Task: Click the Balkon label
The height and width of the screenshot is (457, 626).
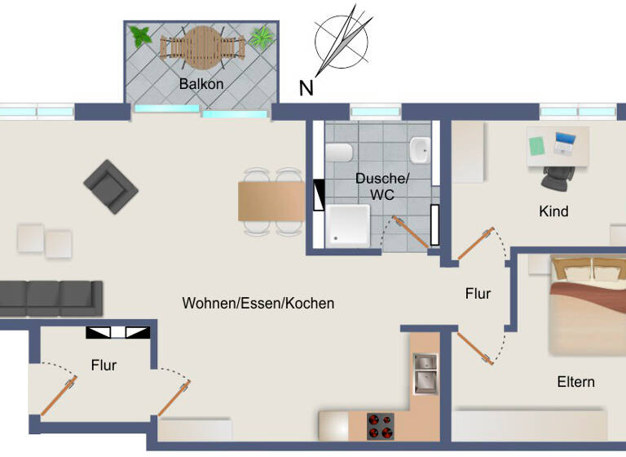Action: point(201,83)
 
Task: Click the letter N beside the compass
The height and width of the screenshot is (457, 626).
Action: point(306,88)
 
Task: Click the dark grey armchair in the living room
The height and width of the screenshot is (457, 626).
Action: point(110,186)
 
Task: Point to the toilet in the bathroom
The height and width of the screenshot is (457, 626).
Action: point(340,153)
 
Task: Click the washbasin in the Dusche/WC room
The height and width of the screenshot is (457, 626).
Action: point(420,149)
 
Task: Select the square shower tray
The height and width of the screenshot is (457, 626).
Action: point(348,224)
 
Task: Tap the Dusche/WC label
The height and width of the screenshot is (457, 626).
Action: point(381,186)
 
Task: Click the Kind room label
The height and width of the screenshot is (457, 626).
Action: point(553,211)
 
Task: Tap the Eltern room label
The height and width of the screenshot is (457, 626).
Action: point(575,382)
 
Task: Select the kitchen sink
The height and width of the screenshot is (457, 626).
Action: point(425,371)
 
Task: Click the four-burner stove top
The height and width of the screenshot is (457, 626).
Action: point(380,426)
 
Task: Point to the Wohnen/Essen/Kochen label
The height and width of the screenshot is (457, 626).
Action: point(258,303)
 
